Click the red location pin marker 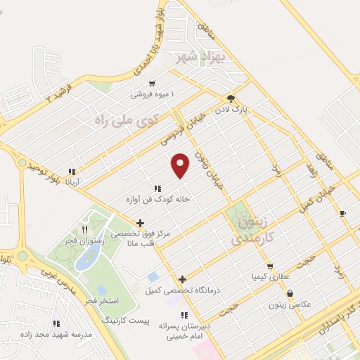(x=181, y=165)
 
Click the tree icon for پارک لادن (x=231, y=98)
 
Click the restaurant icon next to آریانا (x=71, y=171)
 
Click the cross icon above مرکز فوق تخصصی (x=141, y=223)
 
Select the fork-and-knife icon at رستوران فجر (x=84, y=229)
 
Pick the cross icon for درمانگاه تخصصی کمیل (x=183, y=279)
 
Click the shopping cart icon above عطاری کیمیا (x=270, y=266)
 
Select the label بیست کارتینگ (x=126, y=320)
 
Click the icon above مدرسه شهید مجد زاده (x=56, y=323)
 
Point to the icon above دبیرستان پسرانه (x=184, y=315)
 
